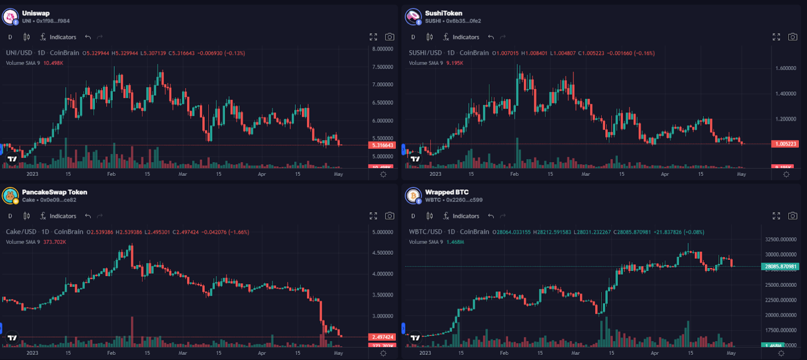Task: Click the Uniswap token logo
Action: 10,17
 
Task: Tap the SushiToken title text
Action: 443,13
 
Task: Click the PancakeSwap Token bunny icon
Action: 10,196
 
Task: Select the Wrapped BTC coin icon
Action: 413,196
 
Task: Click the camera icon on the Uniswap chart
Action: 389,37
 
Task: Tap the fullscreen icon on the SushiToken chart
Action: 776,37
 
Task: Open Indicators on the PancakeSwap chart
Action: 58,216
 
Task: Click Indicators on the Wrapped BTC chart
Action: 461,216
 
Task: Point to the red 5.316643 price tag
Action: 382,145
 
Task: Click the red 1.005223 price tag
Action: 785,144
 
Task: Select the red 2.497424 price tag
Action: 382,337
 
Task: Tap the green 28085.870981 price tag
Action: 781,266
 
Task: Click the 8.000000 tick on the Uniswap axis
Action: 383,49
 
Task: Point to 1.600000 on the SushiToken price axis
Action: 786,68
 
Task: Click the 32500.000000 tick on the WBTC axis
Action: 781,239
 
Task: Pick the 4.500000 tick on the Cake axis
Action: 383,253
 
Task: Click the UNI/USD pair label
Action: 19,53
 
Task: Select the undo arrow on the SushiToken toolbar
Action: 491,37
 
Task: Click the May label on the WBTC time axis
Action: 731,353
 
